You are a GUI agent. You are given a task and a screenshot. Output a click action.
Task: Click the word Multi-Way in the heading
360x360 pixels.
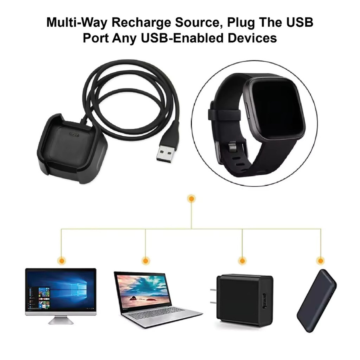77,23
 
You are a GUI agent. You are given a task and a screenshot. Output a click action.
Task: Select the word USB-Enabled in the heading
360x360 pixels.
182,38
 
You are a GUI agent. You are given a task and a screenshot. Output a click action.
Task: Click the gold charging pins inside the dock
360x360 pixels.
74,134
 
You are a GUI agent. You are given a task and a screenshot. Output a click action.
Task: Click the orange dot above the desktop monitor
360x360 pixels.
62,261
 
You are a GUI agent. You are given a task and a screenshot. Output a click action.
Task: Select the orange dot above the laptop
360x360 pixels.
145,261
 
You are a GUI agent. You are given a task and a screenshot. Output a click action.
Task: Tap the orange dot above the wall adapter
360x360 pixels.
242,261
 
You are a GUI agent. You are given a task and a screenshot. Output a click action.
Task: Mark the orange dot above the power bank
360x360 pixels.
320,261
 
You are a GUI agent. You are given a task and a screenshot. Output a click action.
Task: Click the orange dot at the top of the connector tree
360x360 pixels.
191,199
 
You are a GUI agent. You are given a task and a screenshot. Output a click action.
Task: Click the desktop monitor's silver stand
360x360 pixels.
61,320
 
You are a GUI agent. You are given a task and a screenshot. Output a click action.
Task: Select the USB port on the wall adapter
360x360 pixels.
265,301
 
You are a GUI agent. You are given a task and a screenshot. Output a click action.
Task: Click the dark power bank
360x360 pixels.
317,301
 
